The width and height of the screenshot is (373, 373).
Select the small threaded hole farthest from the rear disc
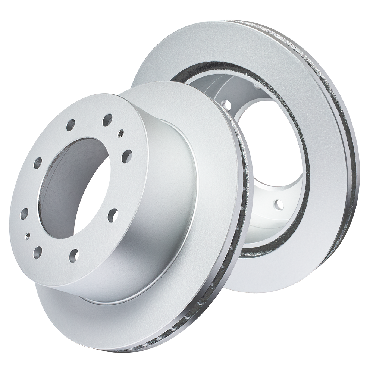tap(28, 236)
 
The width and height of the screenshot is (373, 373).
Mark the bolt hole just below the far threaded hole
tap(37, 253)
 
